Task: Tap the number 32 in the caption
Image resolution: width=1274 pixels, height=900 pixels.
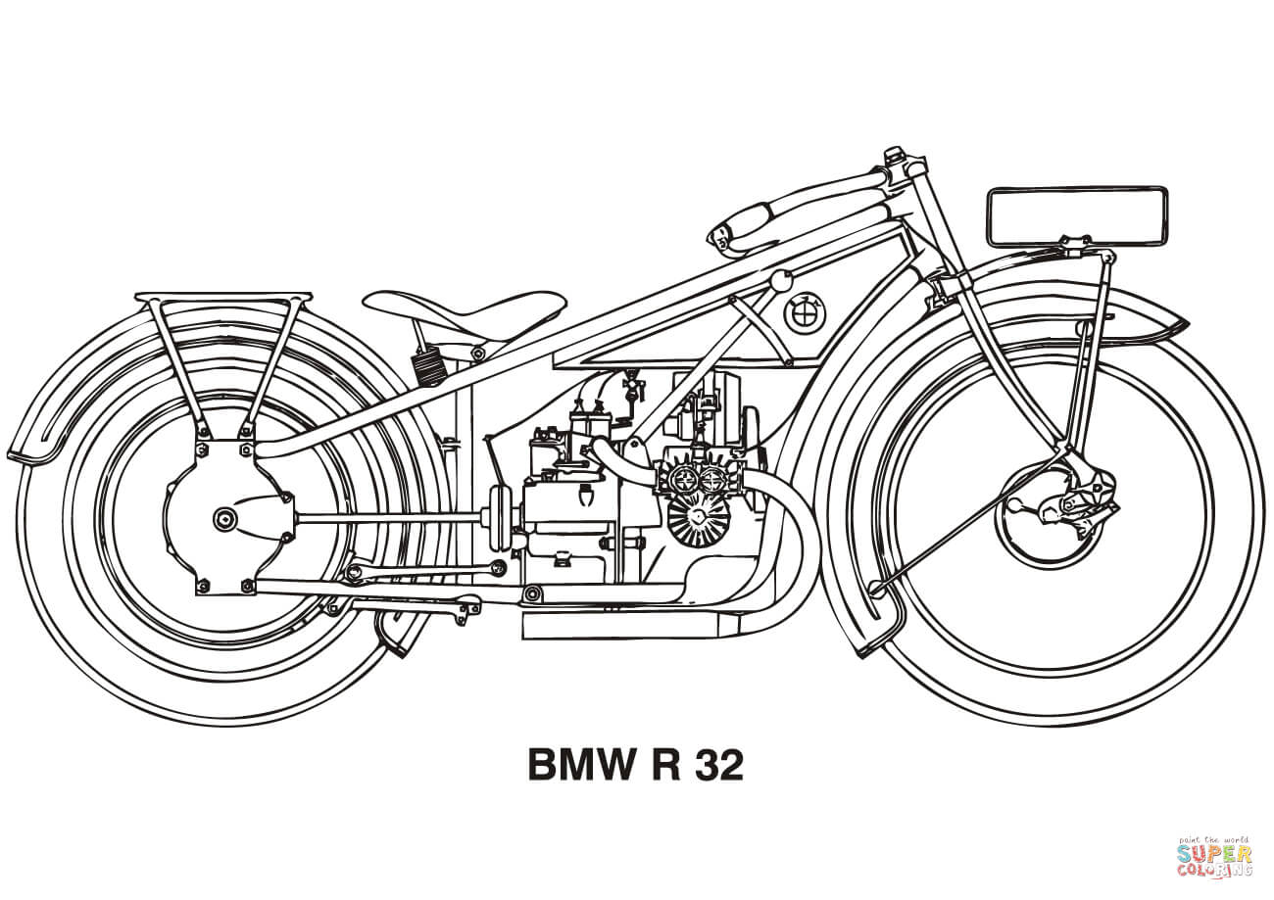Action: click(717, 765)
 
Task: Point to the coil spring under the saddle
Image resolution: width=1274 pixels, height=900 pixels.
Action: click(428, 368)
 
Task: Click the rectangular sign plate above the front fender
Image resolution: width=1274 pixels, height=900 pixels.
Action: click(1076, 216)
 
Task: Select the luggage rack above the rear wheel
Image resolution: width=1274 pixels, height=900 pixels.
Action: click(223, 297)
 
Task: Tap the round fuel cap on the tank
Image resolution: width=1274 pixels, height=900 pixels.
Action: click(780, 282)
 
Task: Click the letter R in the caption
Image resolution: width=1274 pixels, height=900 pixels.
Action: click(666, 765)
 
